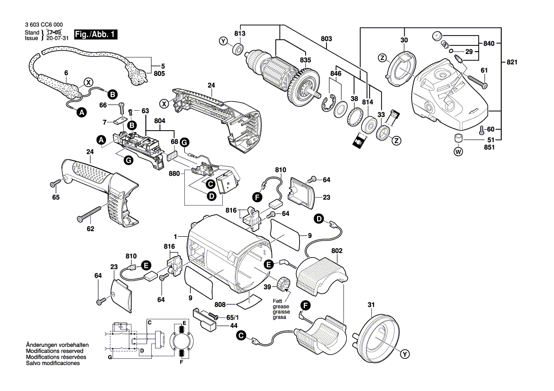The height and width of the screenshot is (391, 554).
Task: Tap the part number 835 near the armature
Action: point(306,60)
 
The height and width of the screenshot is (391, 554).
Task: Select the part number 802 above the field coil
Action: point(337,250)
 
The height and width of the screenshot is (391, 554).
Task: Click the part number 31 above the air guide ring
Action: point(371,306)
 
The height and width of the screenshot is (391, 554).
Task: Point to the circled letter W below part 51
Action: point(458,152)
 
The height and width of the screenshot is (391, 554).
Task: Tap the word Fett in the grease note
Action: point(277,302)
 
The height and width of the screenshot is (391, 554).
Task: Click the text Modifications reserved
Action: point(54,352)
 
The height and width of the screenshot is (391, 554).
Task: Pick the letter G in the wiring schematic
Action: point(109,358)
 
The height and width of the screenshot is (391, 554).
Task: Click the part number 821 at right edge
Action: point(512,62)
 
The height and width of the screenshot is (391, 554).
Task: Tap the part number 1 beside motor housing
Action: point(175,236)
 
